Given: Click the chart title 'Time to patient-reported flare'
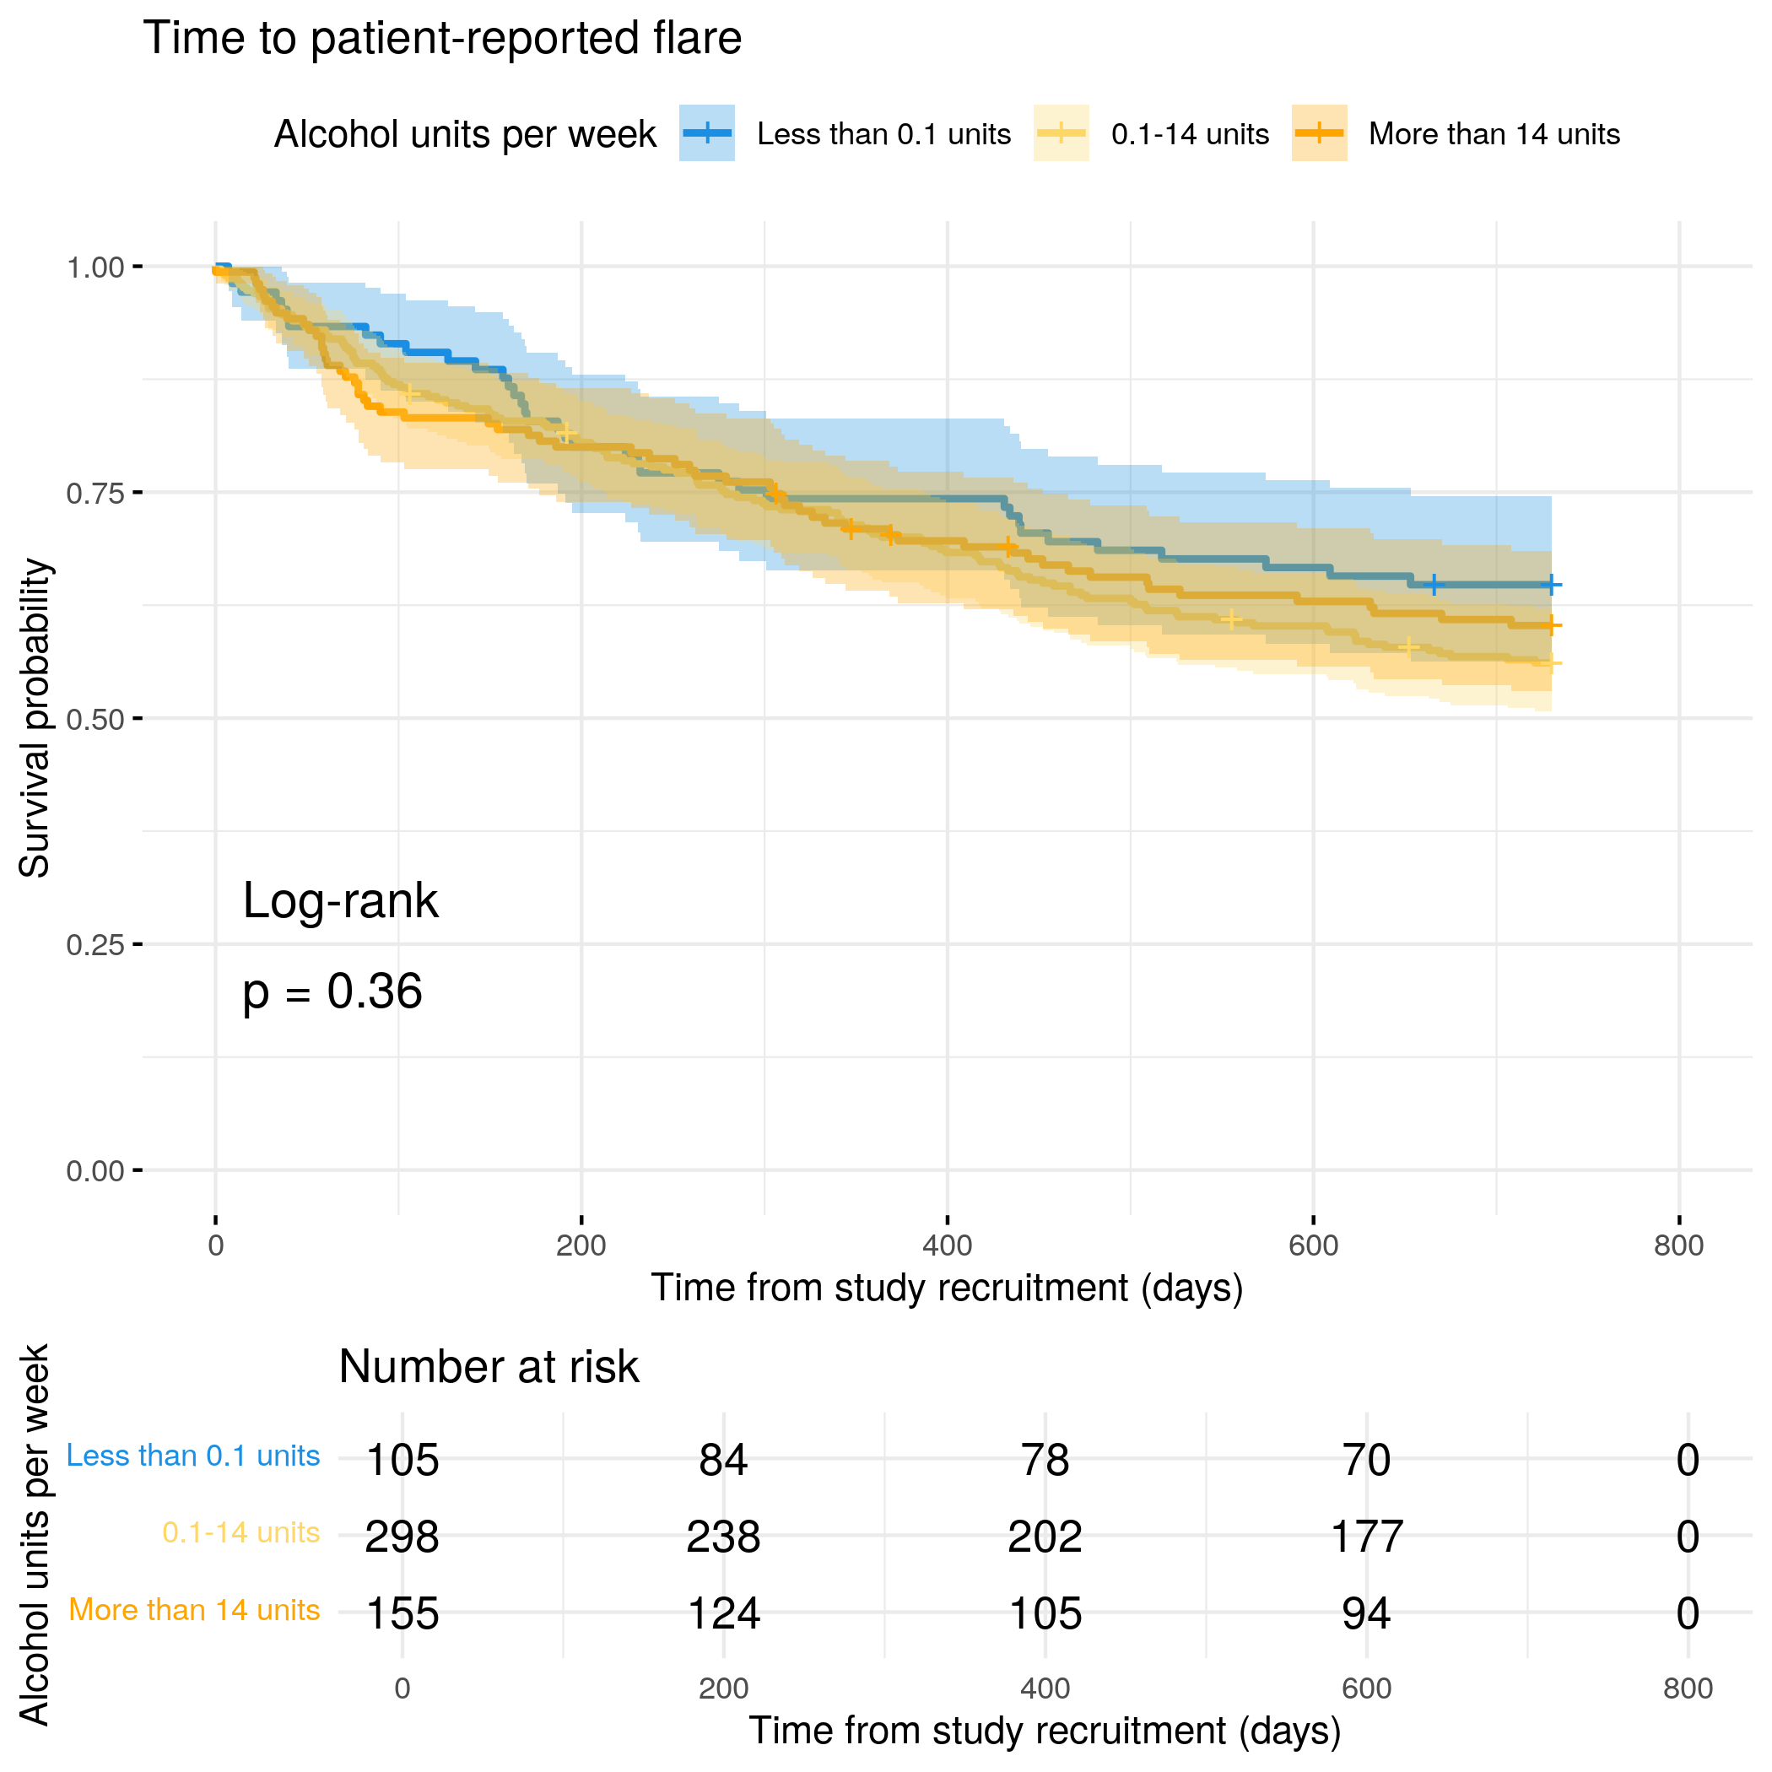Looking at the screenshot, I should (x=442, y=39).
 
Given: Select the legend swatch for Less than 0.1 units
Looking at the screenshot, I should (x=706, y=133).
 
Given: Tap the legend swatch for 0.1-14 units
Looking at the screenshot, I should (x=1062, y=133).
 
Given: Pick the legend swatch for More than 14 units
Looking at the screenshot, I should (x=1319, y=133).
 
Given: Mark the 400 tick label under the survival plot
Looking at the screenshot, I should (x=947, y=1245).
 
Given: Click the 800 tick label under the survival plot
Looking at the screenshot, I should (x=1678, y=1245).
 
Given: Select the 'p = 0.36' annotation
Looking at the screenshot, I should (x=332, y=991).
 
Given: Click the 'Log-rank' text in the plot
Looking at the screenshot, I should (x=340, y=900).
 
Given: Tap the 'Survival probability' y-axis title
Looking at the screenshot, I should (x=35, y=718).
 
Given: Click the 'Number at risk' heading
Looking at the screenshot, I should (x=488, y=1367).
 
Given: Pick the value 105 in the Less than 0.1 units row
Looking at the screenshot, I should (x=402, y=1459).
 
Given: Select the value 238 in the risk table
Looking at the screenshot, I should (x=723, y=1537).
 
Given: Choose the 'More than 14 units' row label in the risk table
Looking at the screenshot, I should (x=193, y=1610).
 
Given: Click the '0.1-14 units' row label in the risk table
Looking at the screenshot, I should (x=240, y=1532).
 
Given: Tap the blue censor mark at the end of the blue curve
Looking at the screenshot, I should (x=1550, y=584).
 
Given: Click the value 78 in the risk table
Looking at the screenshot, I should (x=1045, y=1459).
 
